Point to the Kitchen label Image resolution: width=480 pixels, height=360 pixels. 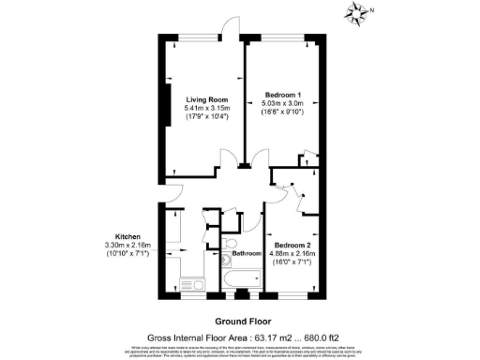point(127,235)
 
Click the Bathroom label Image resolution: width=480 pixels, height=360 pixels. point(247,254)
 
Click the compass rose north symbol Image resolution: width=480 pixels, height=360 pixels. point(356,13)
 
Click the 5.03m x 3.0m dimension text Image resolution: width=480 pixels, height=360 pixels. point(283,105)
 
